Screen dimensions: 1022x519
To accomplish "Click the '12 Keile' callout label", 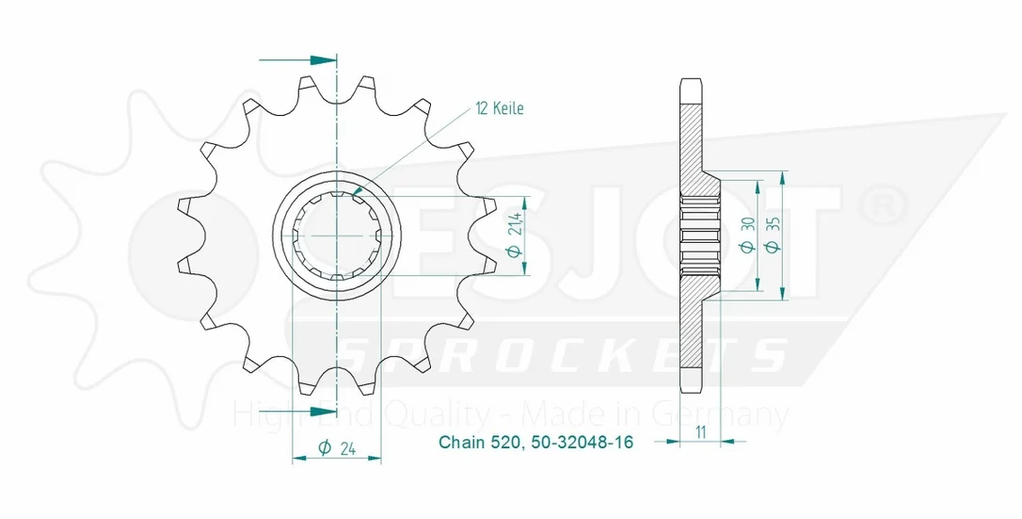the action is pyautogui.click(x=500, y=108).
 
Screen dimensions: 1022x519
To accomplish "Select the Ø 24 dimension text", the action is pyautogui.click(x=336, y=447).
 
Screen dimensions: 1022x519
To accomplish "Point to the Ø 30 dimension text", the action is pyautogui.click(x=747, y=235).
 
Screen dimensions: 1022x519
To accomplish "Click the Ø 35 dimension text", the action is pyautogui.click(x=774, y=235).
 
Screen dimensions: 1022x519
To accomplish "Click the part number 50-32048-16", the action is pyautogui.click(x=582, y=443).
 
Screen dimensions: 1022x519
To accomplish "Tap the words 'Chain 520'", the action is pyautogui.click(x=479, y=443).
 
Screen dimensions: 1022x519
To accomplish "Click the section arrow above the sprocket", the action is pyautogui.click(x=298, y=60).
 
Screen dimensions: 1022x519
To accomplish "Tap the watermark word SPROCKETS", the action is pyautogui.click(x=564, y=355).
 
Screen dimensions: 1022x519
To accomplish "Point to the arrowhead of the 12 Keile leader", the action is pyautogui.click(x=356, y=192).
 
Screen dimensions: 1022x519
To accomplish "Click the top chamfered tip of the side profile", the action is pyautogui.click(x=691, y=82).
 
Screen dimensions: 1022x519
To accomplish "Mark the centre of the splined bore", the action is pyautogui.click(x=336, y=235).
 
